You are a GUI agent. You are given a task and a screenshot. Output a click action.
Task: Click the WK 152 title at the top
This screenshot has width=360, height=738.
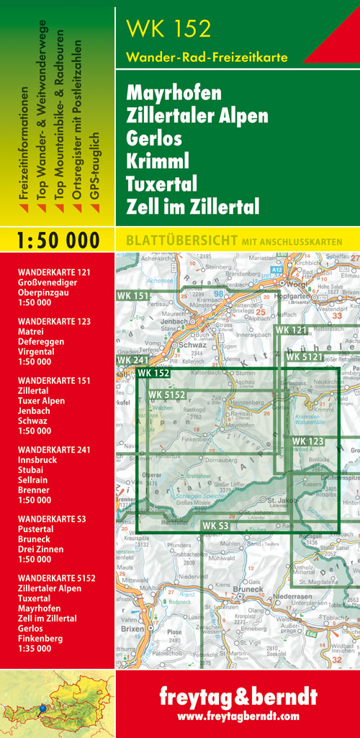(x=168, y=28)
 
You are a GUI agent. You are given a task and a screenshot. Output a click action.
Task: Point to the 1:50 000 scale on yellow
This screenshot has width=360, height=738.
(x=58, y=240)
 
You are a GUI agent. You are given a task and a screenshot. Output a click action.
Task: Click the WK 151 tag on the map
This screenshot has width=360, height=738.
(x=132, y=296)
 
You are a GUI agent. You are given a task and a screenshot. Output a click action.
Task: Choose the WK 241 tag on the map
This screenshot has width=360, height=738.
(x=132, y=359)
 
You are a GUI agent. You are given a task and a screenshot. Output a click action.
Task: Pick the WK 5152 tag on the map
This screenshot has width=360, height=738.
(x=167, y=395)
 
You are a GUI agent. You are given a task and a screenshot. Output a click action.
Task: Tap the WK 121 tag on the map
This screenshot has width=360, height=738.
(x=291, y=330)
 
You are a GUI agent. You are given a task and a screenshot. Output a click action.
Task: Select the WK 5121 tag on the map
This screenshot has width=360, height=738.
(x=305, y=356)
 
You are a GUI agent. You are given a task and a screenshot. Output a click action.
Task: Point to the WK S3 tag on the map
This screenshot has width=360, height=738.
(x=215, y=526)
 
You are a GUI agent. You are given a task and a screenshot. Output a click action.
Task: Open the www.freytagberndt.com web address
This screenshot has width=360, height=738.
(x=238, y=716)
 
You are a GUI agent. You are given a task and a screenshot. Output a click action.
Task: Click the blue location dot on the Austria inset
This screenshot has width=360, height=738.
(x=42, y=708)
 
